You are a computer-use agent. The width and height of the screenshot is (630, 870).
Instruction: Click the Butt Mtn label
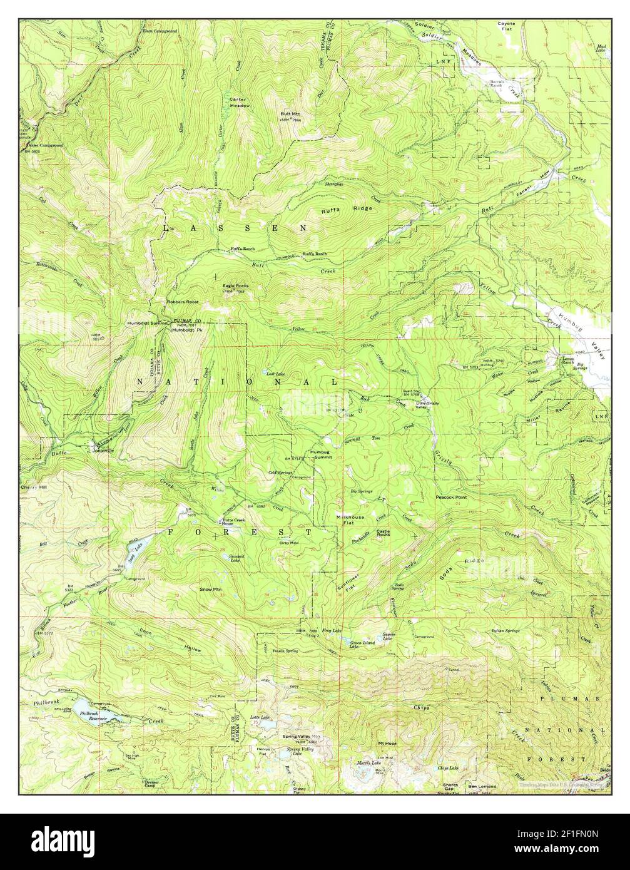(290, 114)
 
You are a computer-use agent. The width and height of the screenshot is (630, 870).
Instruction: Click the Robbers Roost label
(182, 302)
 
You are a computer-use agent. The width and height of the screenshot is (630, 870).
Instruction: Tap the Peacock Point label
(451, 497)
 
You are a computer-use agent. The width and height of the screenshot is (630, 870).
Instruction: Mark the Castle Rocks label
(383, 532)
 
